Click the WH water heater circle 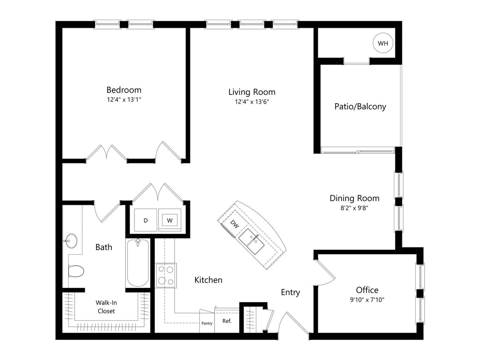[383, 43]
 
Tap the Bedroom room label [124, 90]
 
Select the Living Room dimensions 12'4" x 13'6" [252, 102]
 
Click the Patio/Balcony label [360, 106]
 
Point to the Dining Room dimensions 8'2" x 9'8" [354, 209]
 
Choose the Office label [367, 290]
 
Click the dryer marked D [145, 220]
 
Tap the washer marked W [170, 220]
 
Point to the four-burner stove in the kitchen [166, 275]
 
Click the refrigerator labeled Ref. [227, 321]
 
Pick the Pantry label [207, 323]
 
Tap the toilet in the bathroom [76, 271]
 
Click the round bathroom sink [71, 241]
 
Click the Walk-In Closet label [106, 307]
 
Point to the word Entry [290, 292]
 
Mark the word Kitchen [208, 280]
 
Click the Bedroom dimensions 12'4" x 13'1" [124, 100]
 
